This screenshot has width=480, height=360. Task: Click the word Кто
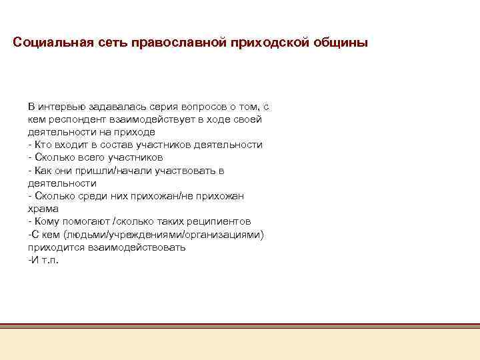(42, 145)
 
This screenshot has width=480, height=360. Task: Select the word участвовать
(186, 170)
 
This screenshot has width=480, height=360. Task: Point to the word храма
(43, 208)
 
